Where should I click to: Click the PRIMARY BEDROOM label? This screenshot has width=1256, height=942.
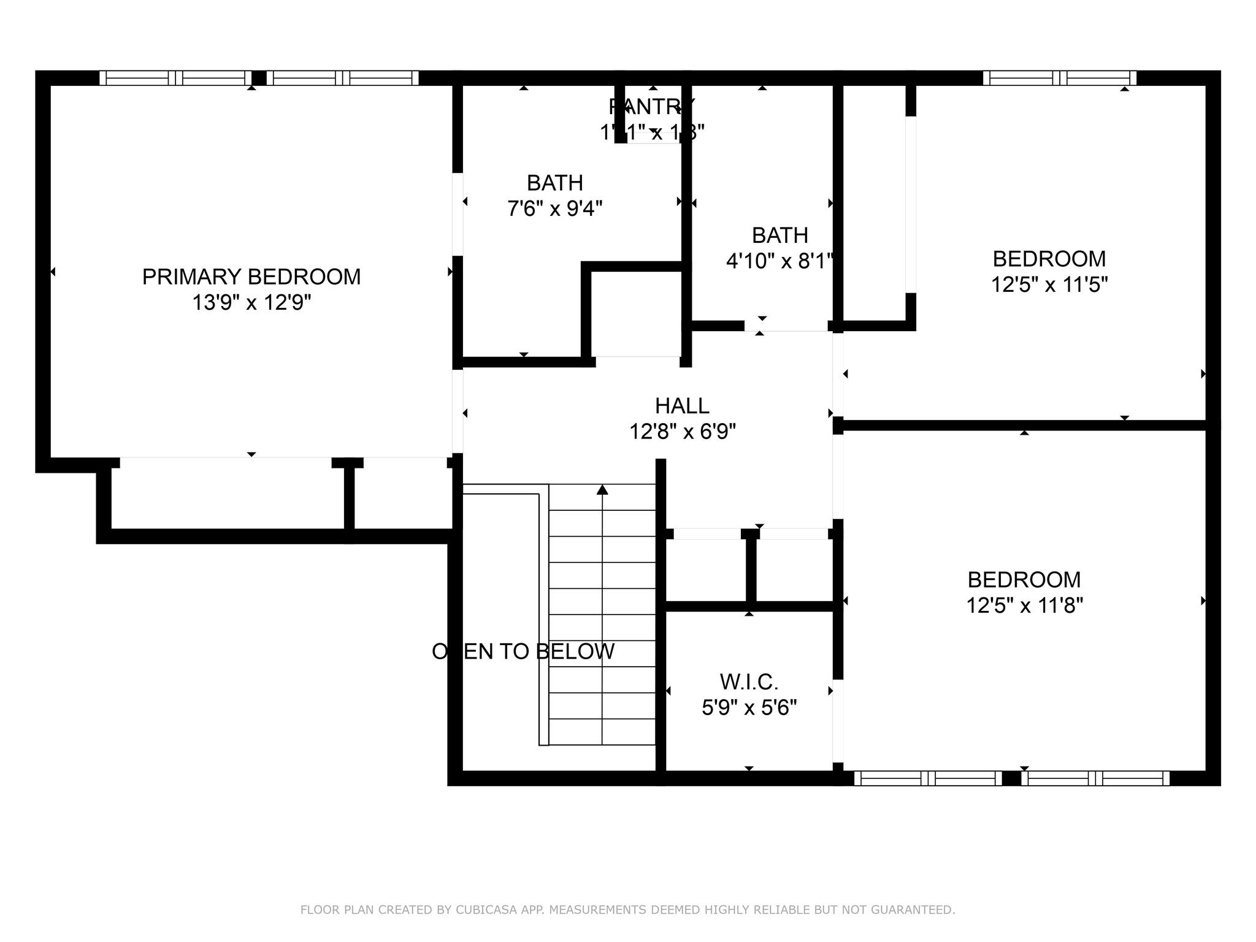click(251, 277)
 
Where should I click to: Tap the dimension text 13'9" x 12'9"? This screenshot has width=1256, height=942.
click(251, 303)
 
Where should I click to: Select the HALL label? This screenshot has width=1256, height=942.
click(682, 406)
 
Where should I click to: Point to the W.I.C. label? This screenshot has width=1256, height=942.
click(749, 682)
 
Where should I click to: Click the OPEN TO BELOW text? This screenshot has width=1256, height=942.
click(523, 651)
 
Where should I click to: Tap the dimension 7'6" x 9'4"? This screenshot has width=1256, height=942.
click(554, 209)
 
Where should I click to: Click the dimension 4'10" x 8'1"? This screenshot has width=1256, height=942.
click(779, 261)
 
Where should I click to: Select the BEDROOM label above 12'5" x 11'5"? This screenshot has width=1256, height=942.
click(1049, 259)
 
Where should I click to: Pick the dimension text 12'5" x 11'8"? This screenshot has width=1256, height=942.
click(1024, 606)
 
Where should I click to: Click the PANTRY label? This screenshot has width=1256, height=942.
click(651, 107)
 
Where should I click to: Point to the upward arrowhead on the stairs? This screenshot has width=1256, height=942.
click(602, 489)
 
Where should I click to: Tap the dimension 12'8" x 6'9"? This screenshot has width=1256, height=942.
click(682, 432)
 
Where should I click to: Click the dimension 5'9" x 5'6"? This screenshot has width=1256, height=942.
click(749, 708)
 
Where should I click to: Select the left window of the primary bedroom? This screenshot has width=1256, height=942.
click(175, 78)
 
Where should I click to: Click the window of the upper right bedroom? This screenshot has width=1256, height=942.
click(1060, 78)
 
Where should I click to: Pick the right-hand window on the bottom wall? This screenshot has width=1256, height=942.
click(1095, 778)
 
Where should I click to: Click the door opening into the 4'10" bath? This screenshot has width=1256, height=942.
click(786, 326)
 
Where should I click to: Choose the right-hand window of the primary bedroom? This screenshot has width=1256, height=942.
click(343, 78)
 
